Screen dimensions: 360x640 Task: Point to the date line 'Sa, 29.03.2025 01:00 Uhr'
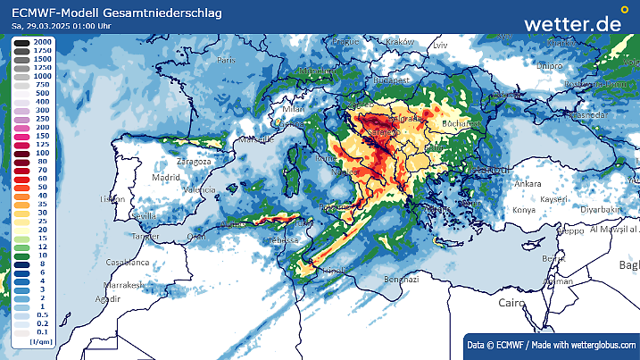[x=62, y=26]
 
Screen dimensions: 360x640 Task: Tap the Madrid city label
[x=165, y=178]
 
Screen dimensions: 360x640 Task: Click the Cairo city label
[x=511, y=304]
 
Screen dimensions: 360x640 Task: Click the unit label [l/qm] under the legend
[x=39, y=341]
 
